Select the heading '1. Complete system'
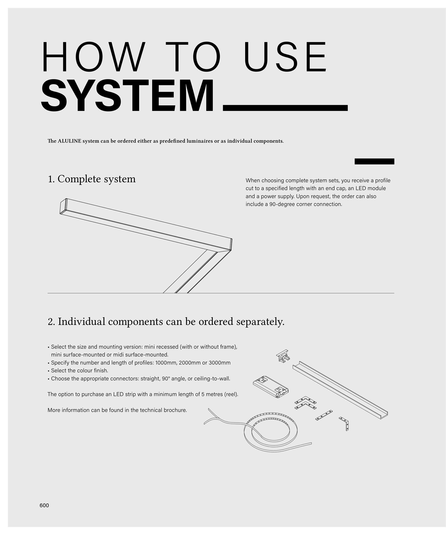point(92,179)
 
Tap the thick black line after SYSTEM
point(285,108)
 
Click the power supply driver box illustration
point(271,387)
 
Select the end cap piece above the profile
point(283,356)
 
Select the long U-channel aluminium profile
point(340,390)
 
